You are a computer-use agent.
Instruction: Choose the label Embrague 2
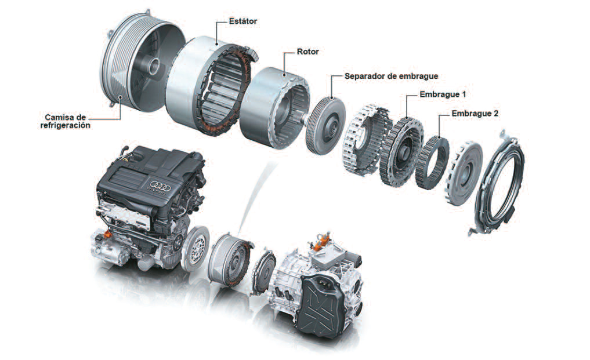pyautogui.click(x=475, y=114)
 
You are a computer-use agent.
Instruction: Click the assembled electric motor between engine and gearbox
pyautogui.click(x=229, y=256)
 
